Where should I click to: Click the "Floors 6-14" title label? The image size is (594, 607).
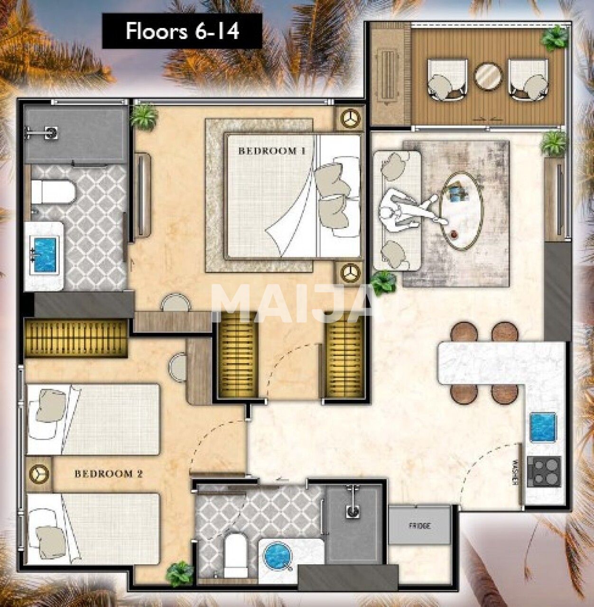click(x=182, y=31)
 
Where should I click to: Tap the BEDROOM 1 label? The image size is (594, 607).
click(x=271, y=151)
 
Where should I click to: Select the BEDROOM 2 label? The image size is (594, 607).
click(x=109, y=473)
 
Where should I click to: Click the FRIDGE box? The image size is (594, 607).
click(x=419, y=525)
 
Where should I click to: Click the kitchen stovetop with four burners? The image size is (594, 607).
click(x=544, y=471)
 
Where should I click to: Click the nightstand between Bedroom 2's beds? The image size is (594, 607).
click(x=39, y=474)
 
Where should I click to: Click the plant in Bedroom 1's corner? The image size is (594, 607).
click(x=144, y=116)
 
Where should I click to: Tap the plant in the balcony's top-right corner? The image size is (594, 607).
click(x=555, y=38)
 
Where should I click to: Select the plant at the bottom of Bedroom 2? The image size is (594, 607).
click(x=180, y=574)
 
